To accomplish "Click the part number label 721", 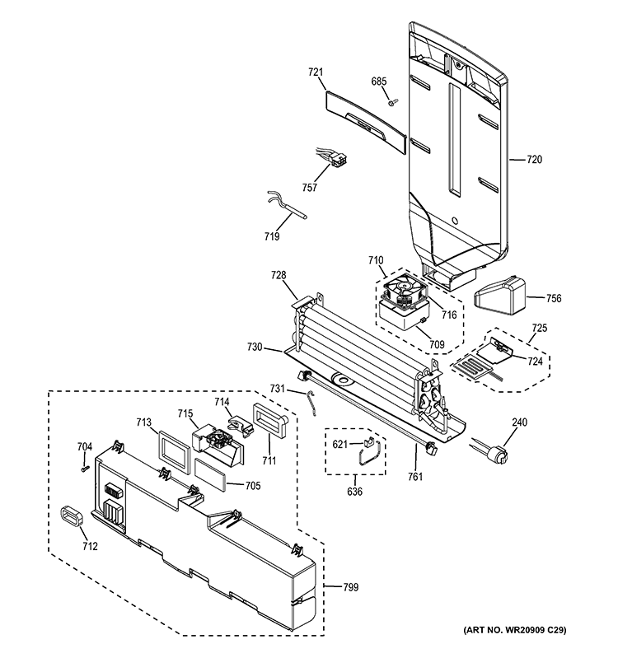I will coord(315,73).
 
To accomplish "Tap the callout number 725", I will coord(538,329).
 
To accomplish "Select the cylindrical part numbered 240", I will coord(495,454).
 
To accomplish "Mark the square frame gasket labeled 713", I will coord(174,449).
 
